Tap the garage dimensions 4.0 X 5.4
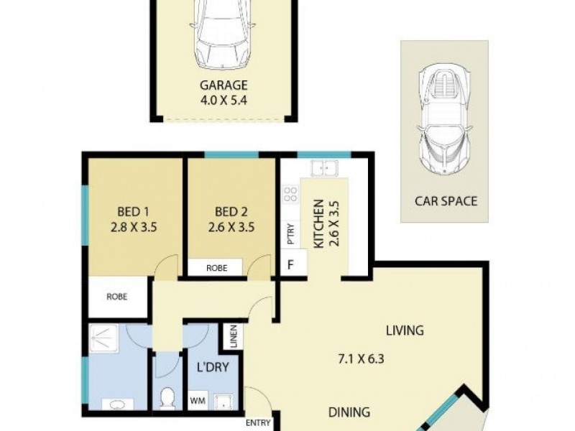pos(223,100)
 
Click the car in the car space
pos(444,120)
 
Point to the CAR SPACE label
pos(444,201)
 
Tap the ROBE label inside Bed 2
pos(216,268)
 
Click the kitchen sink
pos(323,170)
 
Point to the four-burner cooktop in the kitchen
pos(290,193)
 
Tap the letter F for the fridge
pos(291,263)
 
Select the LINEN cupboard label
pos(234,336)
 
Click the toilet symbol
pos(168,397)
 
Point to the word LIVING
pos(405,331)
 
